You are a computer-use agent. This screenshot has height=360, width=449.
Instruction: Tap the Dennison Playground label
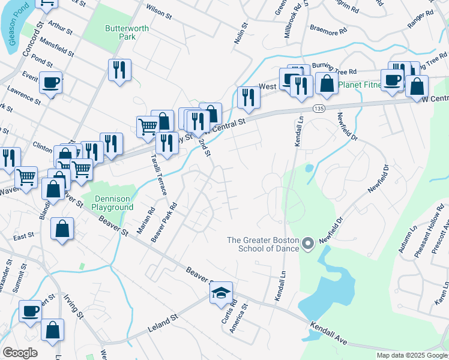click(112, 203)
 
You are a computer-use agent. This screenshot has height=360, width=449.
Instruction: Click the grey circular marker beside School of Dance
click(308, 244)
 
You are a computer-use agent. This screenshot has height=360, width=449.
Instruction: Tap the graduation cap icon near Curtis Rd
click(220, 293)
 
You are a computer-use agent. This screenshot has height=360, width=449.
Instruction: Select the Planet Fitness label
click(360, 85)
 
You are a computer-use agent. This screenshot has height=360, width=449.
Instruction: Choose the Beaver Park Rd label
click(164, 222)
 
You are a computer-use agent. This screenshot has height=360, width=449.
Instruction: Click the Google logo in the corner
click(20, 353)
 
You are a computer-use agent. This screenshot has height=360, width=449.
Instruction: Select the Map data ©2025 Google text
click(412, 355)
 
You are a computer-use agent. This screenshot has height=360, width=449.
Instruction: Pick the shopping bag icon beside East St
click(62, 229)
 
